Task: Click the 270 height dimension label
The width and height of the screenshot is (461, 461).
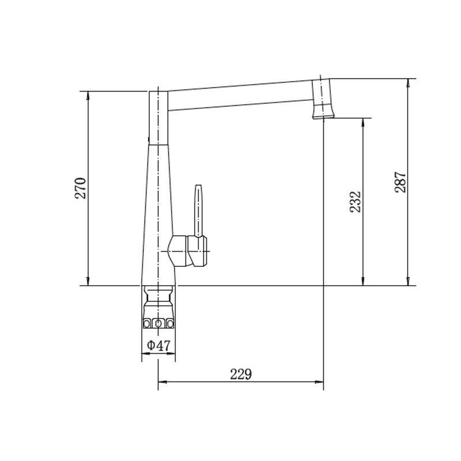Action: click(81, 188)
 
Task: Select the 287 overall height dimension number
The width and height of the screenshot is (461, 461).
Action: click(400, 182)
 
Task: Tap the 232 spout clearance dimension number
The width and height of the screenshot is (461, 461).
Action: click(355, 202)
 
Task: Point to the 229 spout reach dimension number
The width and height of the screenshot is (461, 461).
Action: click(241, 374)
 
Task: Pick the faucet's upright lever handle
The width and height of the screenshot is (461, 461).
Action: click(198, 211)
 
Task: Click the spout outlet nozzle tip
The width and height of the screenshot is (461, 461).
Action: click(323, 117)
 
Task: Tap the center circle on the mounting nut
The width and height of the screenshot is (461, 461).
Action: click(158, 324)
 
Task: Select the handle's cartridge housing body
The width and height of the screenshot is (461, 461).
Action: click(187, 251)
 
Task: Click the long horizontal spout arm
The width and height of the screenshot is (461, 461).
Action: click(240, 96)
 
